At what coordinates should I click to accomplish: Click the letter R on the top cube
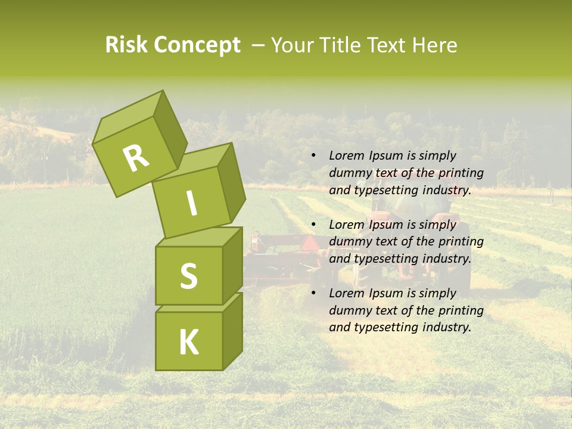pyautogui.click(x=136, y=158)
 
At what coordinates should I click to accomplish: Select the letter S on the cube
pyautogui.click(x=188, y=276)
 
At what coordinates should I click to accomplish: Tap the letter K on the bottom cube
pyautogui.click(x=188, y=342)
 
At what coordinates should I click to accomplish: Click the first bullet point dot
pyautogui.click(x=314, y=156)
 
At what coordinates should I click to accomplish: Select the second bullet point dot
pyautogui.click(x=314, y=225)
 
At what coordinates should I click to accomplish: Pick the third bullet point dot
pyautogui.click(x=314, y=293)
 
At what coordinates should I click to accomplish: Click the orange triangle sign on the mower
pyautogui.click(x=310, y=243)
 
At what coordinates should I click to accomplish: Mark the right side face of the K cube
pyautogui.click(x=232, y=331)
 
